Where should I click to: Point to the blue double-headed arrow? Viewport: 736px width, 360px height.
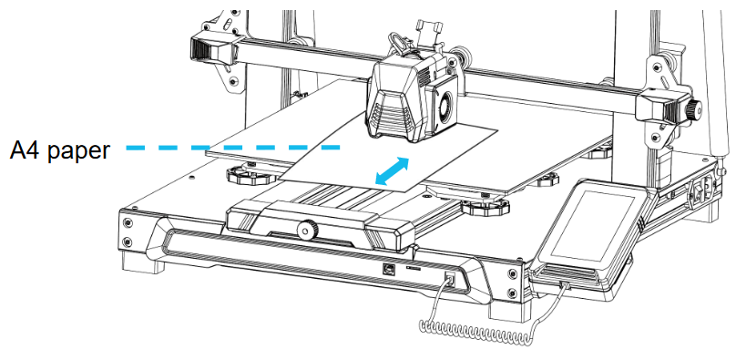(x=393, y=172)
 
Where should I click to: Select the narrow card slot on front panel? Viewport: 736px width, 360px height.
(x=413, y=271)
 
